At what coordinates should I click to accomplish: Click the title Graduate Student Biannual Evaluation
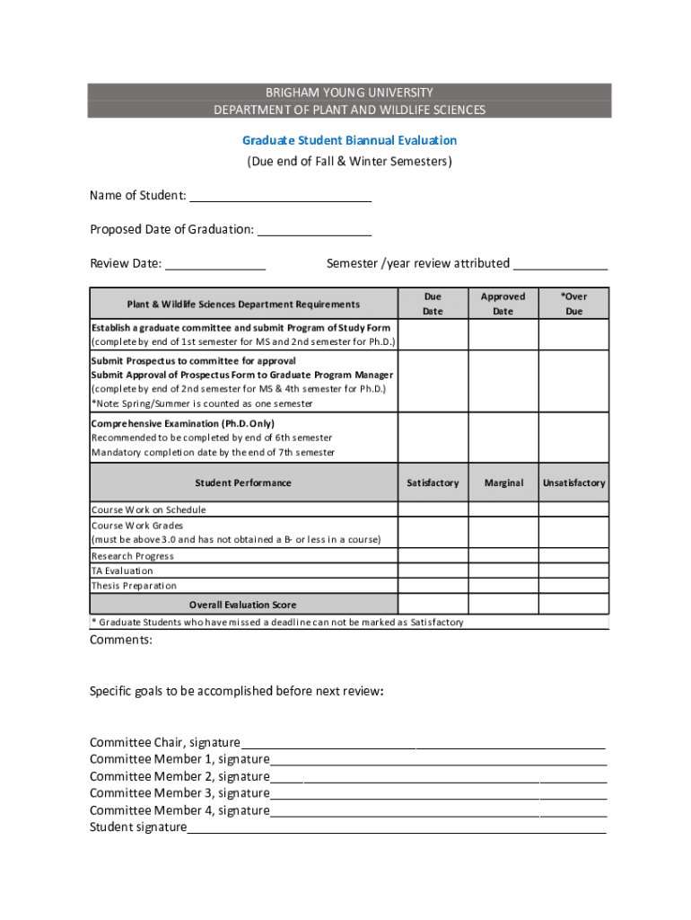click(349, 140)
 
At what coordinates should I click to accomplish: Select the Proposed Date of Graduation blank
click(314, 230)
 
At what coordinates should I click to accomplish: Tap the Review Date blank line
click(215, 264)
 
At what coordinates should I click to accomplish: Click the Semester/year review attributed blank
click(560, 264)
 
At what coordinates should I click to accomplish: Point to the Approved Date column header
click(503, 304)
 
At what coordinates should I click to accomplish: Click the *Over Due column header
click(573, 304)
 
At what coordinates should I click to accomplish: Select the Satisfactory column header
click(433, 482)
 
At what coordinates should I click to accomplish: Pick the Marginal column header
click(503, 482)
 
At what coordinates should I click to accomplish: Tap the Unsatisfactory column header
click(573, 482)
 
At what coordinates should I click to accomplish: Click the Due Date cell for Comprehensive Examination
click(433, 438)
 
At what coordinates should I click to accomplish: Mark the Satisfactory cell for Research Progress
click(433, 556)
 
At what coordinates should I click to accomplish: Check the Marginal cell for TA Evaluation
click(503, 571)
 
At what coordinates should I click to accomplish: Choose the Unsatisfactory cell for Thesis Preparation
click(573, 586)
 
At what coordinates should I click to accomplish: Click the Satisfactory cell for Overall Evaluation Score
click(433, 605)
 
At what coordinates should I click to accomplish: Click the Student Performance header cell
click(243, 482)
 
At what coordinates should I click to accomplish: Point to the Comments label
click(121, 641)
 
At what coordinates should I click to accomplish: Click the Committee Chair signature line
click(422, 744)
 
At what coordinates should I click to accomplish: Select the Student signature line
click(396, 829)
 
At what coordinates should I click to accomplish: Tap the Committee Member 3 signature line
click(437, 795)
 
